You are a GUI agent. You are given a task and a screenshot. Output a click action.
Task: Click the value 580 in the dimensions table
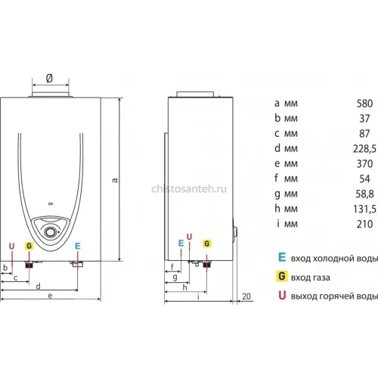(364, 104)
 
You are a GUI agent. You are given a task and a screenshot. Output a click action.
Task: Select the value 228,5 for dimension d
(364, 149)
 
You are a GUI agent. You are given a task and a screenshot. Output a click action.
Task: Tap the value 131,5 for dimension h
(364, 209)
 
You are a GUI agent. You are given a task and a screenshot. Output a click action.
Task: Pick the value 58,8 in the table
(364, 194)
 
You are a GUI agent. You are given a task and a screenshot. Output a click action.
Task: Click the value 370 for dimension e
(364, 164)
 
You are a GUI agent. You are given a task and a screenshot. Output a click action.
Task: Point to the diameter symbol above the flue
(50, 78)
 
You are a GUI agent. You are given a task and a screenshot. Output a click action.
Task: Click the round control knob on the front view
(50, 232)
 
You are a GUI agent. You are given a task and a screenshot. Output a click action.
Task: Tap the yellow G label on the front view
(29, 246)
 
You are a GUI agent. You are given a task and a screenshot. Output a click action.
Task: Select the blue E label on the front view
(78, 246)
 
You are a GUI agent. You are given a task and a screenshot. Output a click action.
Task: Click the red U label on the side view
(189, 237)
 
